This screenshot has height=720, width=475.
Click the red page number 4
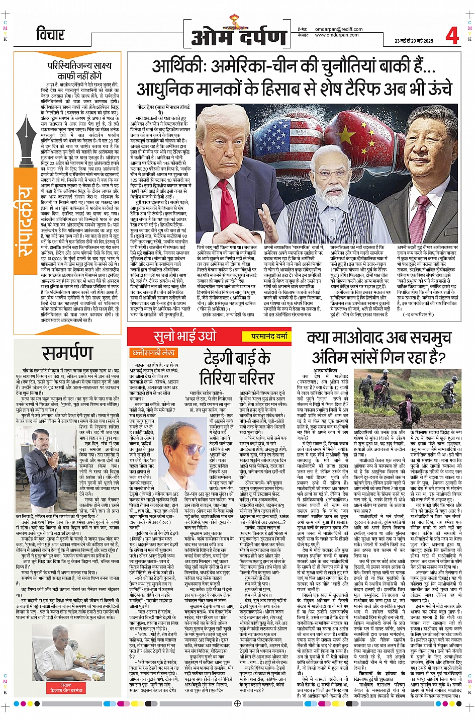[x=451, y=35]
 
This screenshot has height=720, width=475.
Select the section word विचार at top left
[x=50, y=35]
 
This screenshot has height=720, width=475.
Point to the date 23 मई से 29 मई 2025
[x=413, y=41]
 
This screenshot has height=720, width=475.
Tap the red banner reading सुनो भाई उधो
[x=185, y=336]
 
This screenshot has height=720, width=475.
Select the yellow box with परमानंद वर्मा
[x=269, y=336]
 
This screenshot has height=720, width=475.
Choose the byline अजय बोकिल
[x=325, y=370]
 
